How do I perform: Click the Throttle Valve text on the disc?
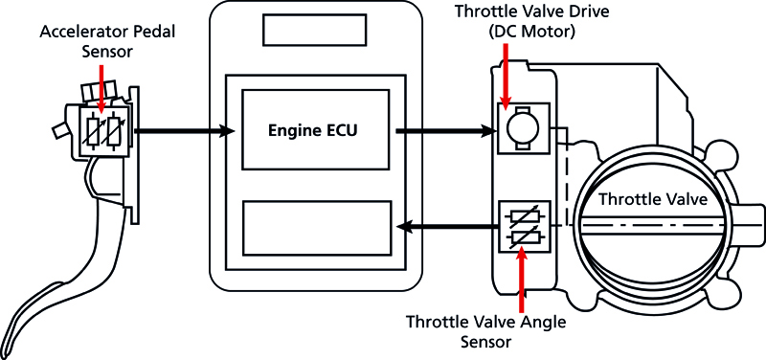[x=652, y=199]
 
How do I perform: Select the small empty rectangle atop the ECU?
[x=315, y=29]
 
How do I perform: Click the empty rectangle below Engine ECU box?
[x=315, y=227]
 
